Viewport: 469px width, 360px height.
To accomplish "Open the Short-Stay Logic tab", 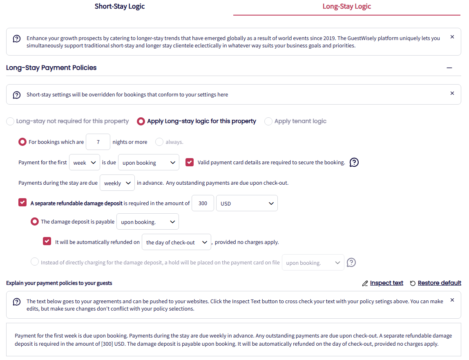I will point(120,7).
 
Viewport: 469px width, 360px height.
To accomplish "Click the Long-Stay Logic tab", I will point(346,7).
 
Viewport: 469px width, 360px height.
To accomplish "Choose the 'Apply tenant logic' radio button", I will point(268,121).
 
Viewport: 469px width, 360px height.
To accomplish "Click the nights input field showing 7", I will point(98,142).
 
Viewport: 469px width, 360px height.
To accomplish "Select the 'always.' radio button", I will point(159,142).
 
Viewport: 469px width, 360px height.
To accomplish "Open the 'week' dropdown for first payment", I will point(85,162).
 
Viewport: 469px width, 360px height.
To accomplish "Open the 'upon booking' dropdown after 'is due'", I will point(149,162).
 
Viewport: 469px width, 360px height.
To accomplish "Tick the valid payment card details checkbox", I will point(190,162).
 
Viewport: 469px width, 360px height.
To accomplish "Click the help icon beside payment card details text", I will point(354,162).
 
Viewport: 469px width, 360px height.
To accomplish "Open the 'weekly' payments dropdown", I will point(117,183).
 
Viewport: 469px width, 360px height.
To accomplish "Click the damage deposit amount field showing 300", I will point(203,203).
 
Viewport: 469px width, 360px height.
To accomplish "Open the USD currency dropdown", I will point(247,203).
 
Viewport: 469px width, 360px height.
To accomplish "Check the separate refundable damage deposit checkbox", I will point(22,203).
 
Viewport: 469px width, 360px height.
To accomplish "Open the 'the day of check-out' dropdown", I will point(176,242).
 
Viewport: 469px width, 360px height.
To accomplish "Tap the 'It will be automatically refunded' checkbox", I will point(47,241).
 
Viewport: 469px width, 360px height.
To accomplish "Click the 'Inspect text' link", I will point(383,283).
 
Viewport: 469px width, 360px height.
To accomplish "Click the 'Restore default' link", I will point(435,283).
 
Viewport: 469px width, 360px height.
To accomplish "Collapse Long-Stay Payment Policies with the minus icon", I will point(449,68).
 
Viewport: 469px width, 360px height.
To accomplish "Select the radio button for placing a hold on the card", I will point(35,262).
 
